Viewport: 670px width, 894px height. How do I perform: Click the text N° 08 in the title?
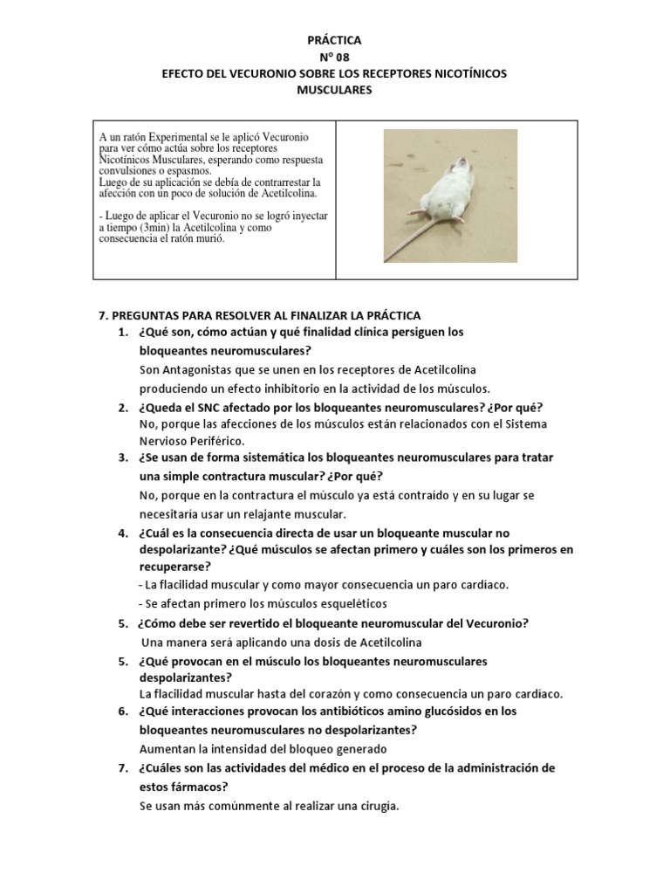click(334, 57)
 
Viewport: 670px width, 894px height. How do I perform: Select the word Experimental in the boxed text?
click(182, 138)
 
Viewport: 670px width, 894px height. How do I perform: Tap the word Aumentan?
click(167, 749)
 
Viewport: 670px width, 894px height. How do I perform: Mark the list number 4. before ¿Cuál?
click(123, 533)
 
